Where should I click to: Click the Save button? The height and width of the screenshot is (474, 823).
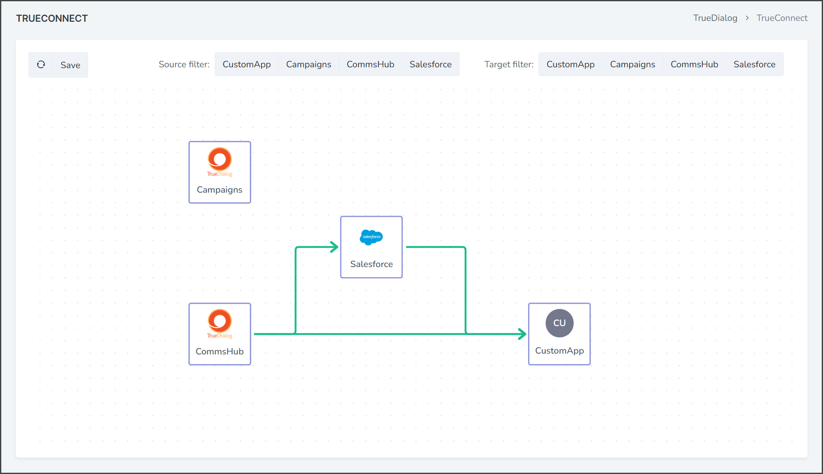pyautogui.click(x=70, y=65)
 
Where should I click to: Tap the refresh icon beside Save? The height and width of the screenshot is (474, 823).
pyautogui.click(x=41, y=64)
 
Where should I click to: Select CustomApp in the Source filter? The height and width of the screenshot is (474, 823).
pyautogui.click(x=246, y=64)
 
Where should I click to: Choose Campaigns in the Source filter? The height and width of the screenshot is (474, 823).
pyautogui.click(x=309, y=64)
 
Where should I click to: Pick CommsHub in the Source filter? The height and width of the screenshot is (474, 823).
pyautogui.click(x=371, y=64)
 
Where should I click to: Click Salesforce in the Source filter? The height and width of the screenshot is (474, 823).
pyautogui.click(x=431, y=64)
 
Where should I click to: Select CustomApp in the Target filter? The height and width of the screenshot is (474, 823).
pyautogui.click(x=571, y=64)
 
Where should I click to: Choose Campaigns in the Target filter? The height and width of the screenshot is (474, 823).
pyautogui.click(x=632, y=64)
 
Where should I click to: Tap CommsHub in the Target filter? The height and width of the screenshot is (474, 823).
pyautogui.click(x=694, y=64)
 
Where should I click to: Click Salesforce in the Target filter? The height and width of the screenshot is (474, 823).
pyautogui.click(x=754, y=64)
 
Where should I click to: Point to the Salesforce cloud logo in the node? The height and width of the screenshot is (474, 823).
pyautogui.click(x=371, y=237)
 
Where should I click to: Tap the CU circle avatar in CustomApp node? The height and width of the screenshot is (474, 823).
pyautogui.click(x=559, y=323)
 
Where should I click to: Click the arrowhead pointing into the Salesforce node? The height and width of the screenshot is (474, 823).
pyautogui.click(x=334, y=247)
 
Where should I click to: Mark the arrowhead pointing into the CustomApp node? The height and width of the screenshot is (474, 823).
pyautogui.click(x=522, y=334)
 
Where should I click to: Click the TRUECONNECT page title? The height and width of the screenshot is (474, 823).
pyautogui.click(x=52, y=18)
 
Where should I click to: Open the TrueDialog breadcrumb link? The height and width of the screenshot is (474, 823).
pyautogui.click(x=715, y=18)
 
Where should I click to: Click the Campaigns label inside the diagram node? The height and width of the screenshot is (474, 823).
pyautogui.click(x=220, y=190)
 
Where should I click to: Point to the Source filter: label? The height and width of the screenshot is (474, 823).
pyautogui.click(x=184, y=64)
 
